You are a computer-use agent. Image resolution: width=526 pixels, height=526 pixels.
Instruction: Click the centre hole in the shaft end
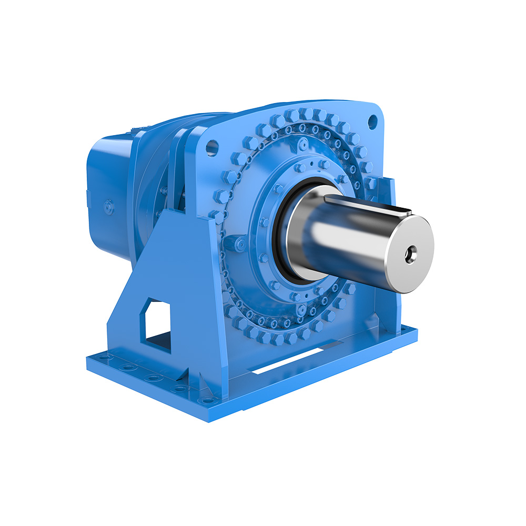[409, 255]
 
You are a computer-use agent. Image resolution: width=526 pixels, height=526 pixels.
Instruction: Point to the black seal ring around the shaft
[285, 231]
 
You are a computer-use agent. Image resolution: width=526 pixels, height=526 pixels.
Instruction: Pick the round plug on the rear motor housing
[109, 207]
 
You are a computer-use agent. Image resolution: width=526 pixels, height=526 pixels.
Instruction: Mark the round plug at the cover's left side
[239, 244]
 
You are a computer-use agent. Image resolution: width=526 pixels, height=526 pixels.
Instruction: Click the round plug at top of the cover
[304, 144]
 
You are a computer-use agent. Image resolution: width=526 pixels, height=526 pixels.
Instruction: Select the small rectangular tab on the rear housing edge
[88, 198]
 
